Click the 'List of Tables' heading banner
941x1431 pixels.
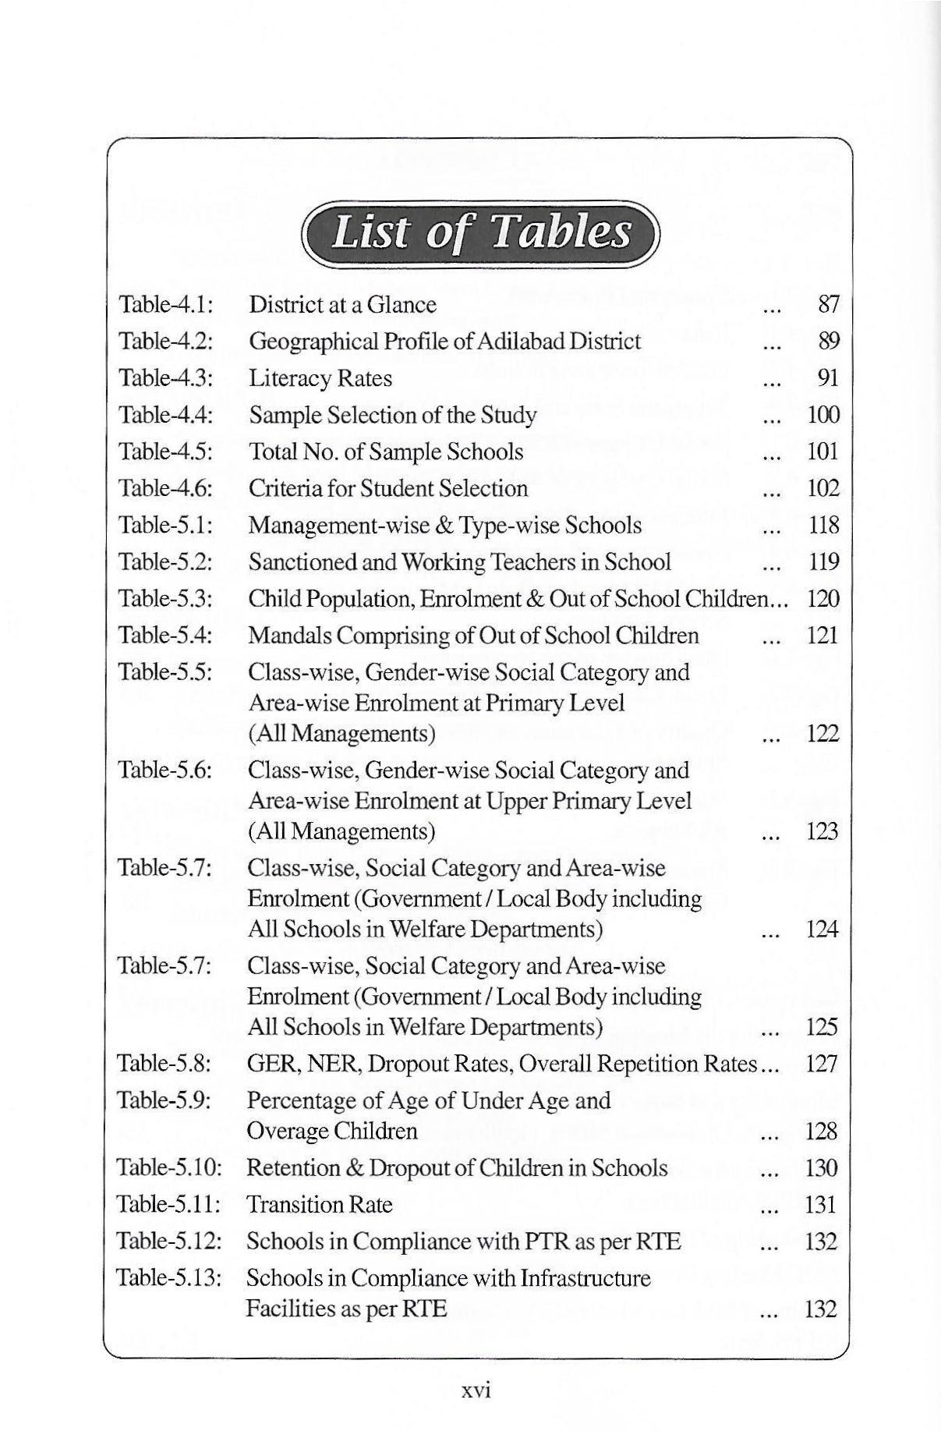point(481,232)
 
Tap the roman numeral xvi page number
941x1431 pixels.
point(475,1390)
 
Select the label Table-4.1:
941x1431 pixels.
point(165,304)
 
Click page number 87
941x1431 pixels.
point(828,304)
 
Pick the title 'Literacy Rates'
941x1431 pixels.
point(320,378)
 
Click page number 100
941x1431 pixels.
point(823,415)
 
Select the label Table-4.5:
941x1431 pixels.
point(165,452)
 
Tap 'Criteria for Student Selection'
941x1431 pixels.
point(387,489)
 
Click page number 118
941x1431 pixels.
point(823,526)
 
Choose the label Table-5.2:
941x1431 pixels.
point(165,562)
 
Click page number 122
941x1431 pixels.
point(822,734)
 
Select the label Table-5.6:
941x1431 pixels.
point(164,770)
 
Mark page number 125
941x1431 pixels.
point(822,1027)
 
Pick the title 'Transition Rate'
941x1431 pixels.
point(319,1205)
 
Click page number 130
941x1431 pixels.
point(822,1168)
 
